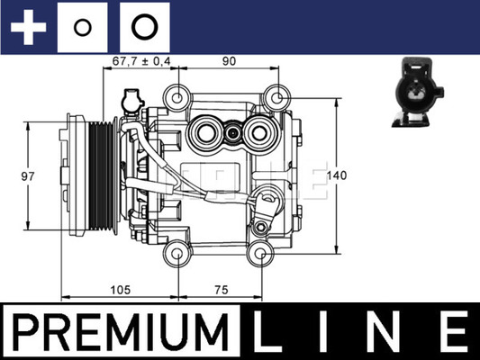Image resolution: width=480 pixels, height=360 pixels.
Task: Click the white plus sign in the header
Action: [x=28, y=27]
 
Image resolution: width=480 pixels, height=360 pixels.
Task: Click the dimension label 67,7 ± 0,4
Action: [x=141, y=61]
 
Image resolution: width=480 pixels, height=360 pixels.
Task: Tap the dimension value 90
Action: [x=229, y=61]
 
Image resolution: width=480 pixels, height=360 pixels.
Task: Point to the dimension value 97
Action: [x=28, y=176]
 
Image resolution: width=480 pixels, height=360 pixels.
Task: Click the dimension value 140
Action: [x=337, y=175]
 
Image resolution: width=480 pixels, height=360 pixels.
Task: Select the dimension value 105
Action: [x=121, y=289]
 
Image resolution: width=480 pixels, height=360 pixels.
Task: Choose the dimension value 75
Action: [x=221, y=289]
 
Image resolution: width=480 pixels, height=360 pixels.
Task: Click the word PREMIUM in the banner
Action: [x=121, y=332]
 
